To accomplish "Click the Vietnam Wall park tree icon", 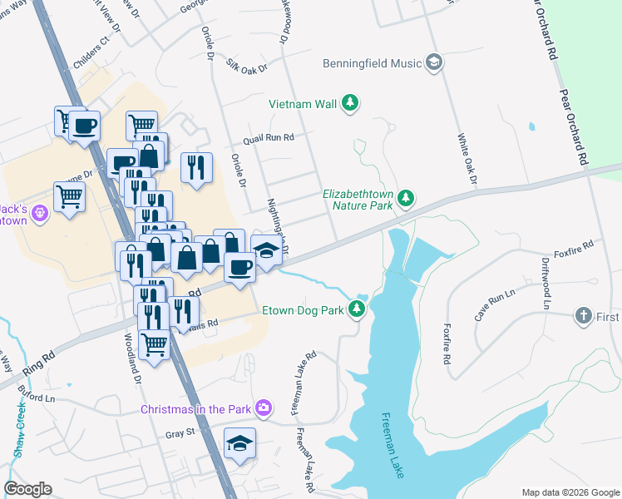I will coord(352,103).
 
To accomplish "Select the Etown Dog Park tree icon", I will coord(357,310).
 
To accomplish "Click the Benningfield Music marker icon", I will coord(433,62).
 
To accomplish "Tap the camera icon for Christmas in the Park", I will coord(264,408).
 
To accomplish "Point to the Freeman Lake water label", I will coord(392,446).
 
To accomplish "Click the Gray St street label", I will coord(179,432).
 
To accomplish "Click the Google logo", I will coord(27,489).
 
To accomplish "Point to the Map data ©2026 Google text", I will coord(570,492).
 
